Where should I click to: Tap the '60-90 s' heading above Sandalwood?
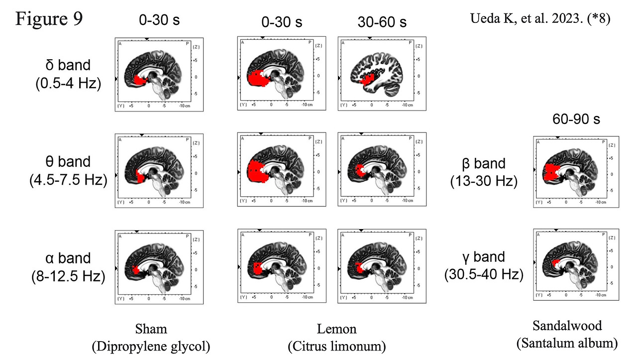pos(576,120)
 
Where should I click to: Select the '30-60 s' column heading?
pos(382,22)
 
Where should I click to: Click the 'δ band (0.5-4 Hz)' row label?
pos(69,74)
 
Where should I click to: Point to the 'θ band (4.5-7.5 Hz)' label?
pos(68,170)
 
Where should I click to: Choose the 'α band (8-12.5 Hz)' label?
pos(68,267)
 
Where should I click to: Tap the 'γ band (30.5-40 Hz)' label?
pos(484,265)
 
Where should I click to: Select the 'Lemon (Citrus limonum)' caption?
pos(337,337)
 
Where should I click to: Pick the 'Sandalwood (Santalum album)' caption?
pos(567,334)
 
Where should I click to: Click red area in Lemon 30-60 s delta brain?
pos(367,80)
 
